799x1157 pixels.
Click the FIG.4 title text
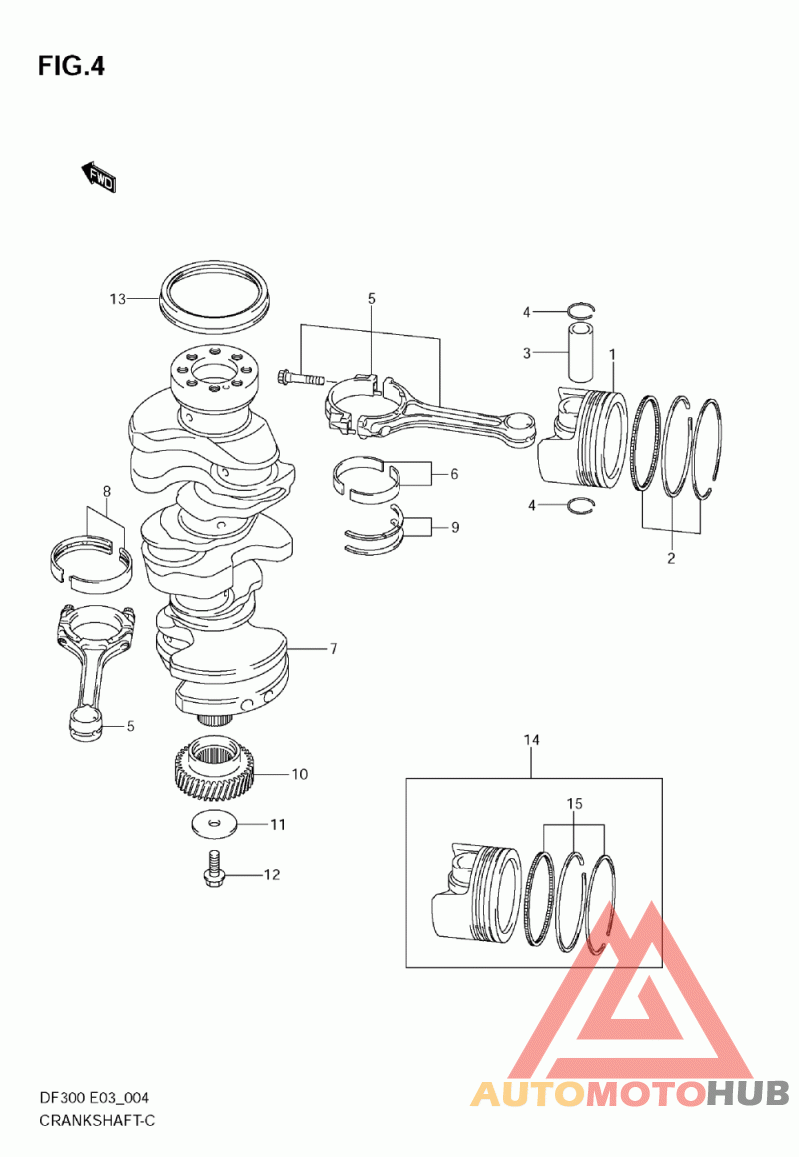click(x=71, y=67)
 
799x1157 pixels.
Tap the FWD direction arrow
click(x=98, y=177)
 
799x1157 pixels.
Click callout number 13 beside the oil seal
click(x=118, y=299)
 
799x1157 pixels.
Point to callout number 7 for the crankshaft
click(x=333, y=649)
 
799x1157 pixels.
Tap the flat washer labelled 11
click(x=214, y=825)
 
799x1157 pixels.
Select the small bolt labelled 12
click(x=213, y=869)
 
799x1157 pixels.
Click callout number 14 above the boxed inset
click(x=531, y=740)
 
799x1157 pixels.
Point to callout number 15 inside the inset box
click(x=574, y=803)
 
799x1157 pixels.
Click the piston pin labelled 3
click(x=581, y=350)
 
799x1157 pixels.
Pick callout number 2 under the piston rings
click(x=670, y=559)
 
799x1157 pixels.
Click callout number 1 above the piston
click(x=612, y=355)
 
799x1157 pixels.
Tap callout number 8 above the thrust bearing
click(x=106, y=491)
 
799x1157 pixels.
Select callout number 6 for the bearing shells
click(x=454, y=474)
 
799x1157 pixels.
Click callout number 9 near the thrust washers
click(x=454, y=527)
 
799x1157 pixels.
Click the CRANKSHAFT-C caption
click(x=97, y=1121)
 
